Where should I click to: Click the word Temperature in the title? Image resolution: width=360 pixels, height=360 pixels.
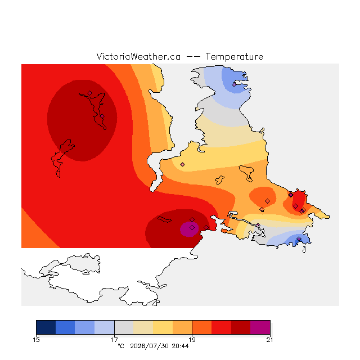pyautogui.click(x=234, y=57)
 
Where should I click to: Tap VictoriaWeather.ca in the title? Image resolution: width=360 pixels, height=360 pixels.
pyautogui.click(x=138, y=57)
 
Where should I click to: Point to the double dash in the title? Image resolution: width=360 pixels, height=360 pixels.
pyautogui.click(x=193, y=57)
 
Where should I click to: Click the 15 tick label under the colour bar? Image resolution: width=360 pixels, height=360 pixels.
pyautogui.click(x=36, y=340)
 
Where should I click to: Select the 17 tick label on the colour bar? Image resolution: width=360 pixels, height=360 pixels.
pyautogui.click(x=114, y=340)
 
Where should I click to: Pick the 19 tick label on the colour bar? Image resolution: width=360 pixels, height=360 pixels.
pyautogui.click(x=192, y=340)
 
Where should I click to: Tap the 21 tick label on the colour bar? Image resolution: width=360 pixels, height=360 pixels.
pyautogui.click(x=270, y=340)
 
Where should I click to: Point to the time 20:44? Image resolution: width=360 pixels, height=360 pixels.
pyautogui.click(x=180, y=346)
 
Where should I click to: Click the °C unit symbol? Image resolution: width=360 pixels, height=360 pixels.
pyautogui.click(x=121, y=346)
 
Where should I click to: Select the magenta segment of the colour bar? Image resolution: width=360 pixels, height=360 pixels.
pyautogui.click(x=260, y=327)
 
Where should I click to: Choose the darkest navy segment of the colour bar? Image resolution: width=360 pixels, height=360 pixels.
pyautogui.click(x=46, y=327)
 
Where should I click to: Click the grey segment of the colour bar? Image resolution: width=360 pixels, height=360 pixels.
pyautogui.click(x=124, y=327)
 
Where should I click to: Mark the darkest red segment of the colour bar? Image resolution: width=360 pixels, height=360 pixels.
pyautogui.click(x=241, y=327)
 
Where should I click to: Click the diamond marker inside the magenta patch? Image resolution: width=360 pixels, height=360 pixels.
pyautogui.click(x=192, y=227)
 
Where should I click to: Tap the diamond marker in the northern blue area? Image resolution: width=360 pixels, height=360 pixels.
pyautogui.click(x=234, y=85)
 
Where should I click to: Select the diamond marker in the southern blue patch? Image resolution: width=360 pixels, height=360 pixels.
pyautogui.click(x=299, y=239)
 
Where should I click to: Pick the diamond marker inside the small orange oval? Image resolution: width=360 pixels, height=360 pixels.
pyautogui.click(x=268, y=201)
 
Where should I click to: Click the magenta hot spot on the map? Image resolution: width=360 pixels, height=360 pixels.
pyautogui.click(x=189, y=229)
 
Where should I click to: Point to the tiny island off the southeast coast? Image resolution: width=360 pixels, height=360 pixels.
pyautogui.click(x=304, y=250)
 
